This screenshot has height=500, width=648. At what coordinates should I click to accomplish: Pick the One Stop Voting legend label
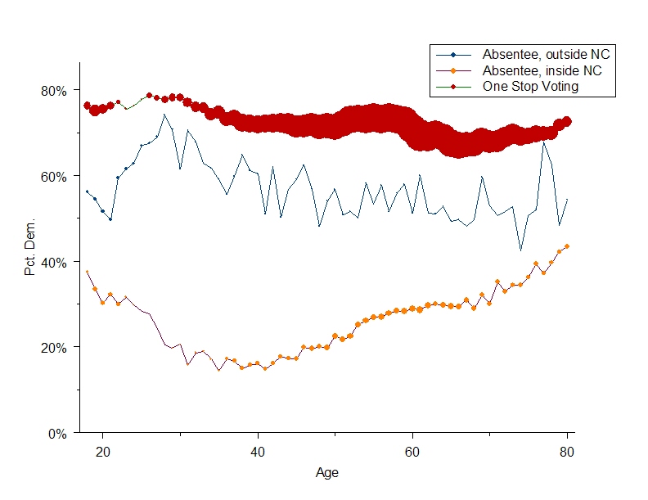pos(530,86)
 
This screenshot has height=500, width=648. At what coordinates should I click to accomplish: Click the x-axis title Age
pos(327,472)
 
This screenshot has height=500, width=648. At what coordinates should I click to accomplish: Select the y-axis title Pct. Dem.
pos(30,247)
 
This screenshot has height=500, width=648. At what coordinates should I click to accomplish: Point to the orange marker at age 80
pos(567,246)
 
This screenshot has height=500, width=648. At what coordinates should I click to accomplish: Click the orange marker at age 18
pos(88,272)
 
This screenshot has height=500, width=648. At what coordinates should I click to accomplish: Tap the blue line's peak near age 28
pos(164,115)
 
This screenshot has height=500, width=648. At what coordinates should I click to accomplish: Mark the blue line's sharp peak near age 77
pos(543,142)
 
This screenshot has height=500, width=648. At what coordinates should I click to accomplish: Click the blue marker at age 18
pos(88,191)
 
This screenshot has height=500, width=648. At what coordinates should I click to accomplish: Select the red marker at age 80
pos(567,121)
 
